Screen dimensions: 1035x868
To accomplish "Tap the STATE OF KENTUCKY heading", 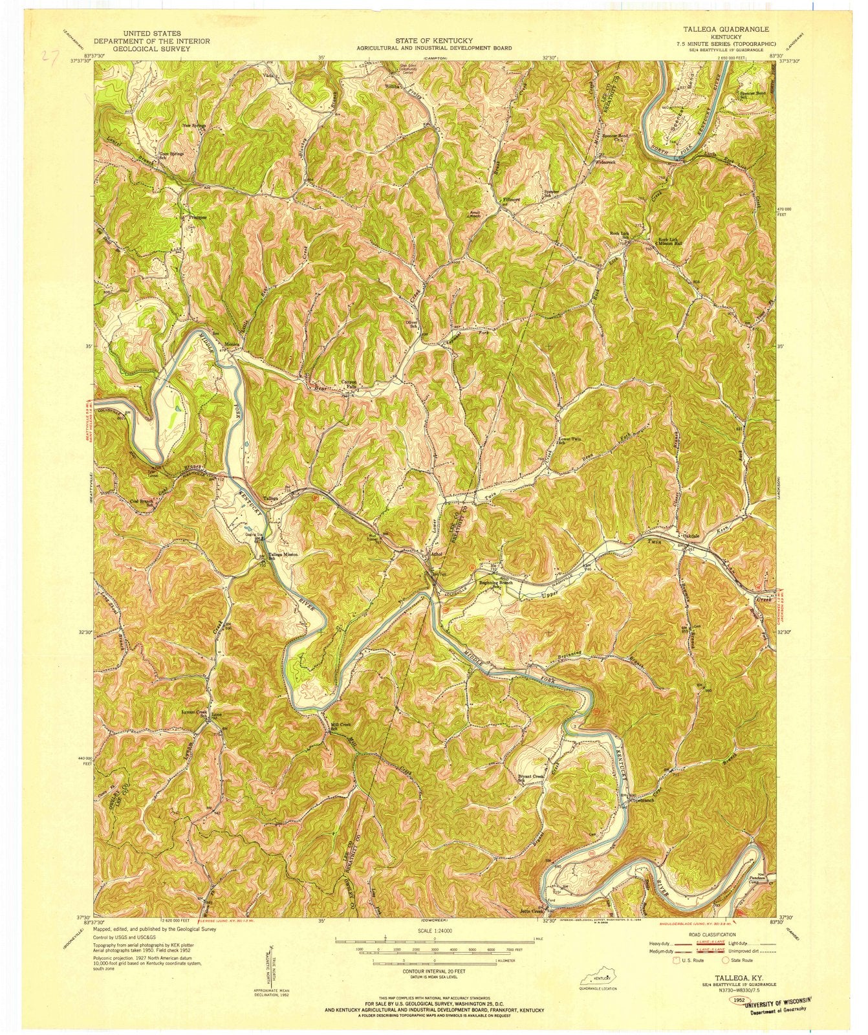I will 434,40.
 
